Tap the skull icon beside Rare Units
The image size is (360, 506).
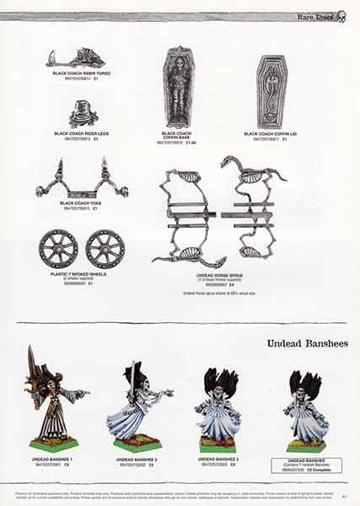pyautogui.click(x=341, y=16)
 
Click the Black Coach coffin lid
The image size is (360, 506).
pyautogui.click(x=271, y=91)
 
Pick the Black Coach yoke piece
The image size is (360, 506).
pyautogui.click(x=82, y=180)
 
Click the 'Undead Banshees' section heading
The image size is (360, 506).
pyautogui.click(x=306, y=343)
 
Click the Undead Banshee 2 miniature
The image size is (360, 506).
pyautogui.click(x=138, y=403)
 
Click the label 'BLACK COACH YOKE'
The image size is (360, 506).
pyautogui.click(x=82, y=203)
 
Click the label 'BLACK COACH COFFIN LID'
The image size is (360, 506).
pyautogui.click(x=271, y=133)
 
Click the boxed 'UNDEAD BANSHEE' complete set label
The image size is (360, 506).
pyautogui.click(x=307, y=463)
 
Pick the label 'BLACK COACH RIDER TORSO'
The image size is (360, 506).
pyautogui.click(x=82, y=74)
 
